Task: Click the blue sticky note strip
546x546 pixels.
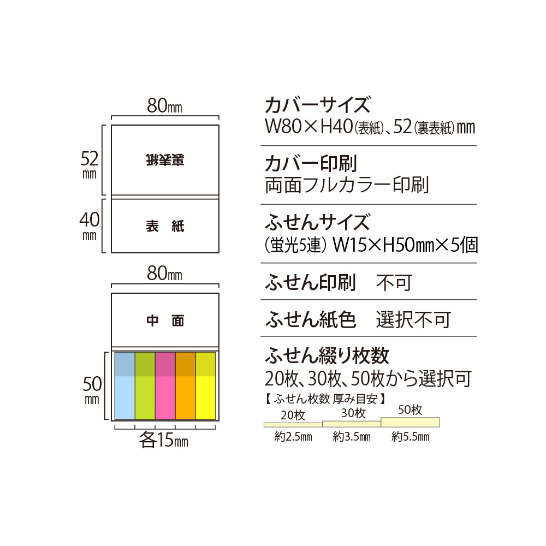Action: pos(124,386)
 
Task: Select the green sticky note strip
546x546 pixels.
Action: pos(145,386)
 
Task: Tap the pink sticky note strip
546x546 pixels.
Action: pos(165,386)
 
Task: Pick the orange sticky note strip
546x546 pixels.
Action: pos(185,386)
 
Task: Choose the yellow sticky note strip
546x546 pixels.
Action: pos(206,386)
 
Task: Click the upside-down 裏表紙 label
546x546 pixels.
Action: pos(165,160)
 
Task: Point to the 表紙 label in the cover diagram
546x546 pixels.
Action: pos(165,227)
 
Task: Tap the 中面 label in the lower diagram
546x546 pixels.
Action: pos(165,321)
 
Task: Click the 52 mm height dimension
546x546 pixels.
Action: pos(90,165)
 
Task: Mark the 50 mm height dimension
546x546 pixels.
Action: pos(92,390)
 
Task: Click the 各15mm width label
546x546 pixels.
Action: pos(164,440)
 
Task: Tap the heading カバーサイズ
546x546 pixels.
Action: pos(317,105)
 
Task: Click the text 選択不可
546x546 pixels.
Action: pos(413,319)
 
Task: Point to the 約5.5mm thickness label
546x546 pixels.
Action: pos(410,436)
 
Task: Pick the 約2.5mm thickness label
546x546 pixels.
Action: pos(293,436)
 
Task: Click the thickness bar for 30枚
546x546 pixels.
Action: pos(352,424)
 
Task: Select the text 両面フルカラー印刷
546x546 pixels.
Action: pos(347,185)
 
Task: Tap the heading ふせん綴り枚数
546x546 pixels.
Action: pos(327,355)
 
